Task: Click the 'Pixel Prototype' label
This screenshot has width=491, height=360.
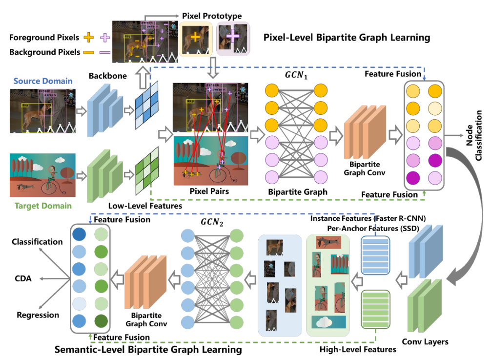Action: [212, 16]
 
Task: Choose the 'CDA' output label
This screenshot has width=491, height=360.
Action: [22, 278]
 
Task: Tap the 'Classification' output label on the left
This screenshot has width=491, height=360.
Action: [38, 242]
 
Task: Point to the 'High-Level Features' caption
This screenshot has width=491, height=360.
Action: [358, 349]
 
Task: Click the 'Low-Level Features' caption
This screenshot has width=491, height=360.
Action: [145, 206]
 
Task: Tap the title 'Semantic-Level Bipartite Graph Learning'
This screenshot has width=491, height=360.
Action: [148, 350]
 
